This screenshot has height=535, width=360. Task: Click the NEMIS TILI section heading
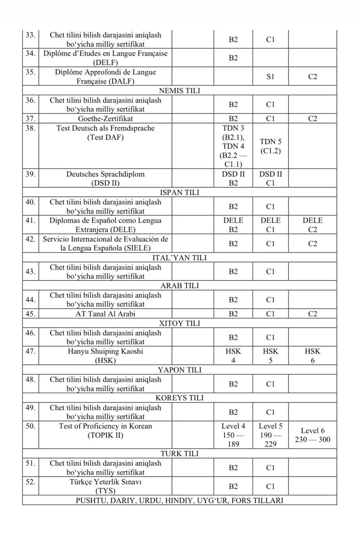point(180,91)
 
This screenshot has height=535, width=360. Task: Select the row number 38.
point(30,128)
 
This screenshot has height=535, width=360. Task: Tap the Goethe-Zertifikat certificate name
point(105,119)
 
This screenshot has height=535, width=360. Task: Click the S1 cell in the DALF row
point(270,77)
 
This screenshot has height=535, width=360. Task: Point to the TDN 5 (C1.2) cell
point(270,146)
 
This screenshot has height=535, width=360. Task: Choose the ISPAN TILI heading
point(180,193)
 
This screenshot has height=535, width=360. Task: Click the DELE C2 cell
point(312,225)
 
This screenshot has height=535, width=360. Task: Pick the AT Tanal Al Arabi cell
point(105,314)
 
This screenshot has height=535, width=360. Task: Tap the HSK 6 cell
point(312,356)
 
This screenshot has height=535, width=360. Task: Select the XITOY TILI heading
point(180,324)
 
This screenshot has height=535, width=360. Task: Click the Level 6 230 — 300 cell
point(312,435)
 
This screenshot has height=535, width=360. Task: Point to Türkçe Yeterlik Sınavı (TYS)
point(105,486)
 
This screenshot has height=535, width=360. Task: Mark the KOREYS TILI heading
point(180,398)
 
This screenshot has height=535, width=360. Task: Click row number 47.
point(30,352)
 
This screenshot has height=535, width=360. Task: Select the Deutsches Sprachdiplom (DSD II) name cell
point(105,178)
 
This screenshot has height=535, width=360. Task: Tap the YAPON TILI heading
point(180,370)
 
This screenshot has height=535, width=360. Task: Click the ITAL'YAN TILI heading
point(180,258)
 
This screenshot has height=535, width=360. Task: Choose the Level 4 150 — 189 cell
point(233,435)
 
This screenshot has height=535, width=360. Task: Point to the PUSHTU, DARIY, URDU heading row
point(180,500)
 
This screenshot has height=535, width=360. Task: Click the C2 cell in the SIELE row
point(312,244)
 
